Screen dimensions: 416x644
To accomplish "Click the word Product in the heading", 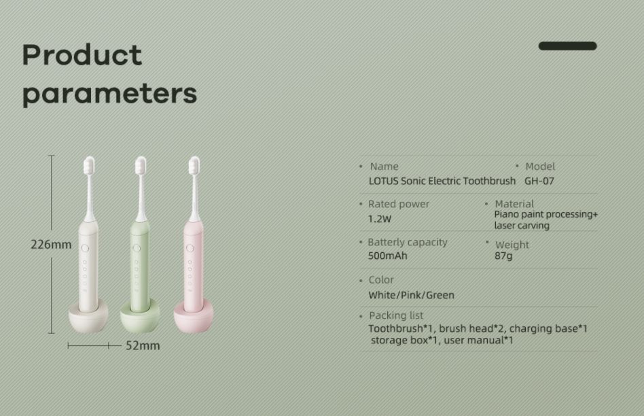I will (x=82, y=55).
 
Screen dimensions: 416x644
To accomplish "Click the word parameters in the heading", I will (x=109, y=94).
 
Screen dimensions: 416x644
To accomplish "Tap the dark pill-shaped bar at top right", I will (x=567, y=46).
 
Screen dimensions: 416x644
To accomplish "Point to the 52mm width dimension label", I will (x=143, y=346).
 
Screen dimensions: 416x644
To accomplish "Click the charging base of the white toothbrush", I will (x=88, y=317).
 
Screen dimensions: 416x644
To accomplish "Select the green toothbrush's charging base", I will (x=140, y=317).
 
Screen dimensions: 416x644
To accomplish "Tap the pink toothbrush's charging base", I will (x=194, y=317).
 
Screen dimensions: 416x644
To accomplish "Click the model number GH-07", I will (x=539, y=181).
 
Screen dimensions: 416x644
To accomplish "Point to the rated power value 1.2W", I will (x=380, y=219).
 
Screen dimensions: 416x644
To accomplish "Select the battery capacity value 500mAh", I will (x=388, y=256).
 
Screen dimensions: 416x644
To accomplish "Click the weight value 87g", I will (x=503, y=256).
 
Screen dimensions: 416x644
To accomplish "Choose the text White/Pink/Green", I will (x=411, y=295).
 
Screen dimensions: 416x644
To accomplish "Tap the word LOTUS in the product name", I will (x=383, y=181).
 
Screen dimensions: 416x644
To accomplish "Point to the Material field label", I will (x=514, y=204).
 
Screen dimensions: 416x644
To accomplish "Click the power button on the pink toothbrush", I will (x=190, y=248).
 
